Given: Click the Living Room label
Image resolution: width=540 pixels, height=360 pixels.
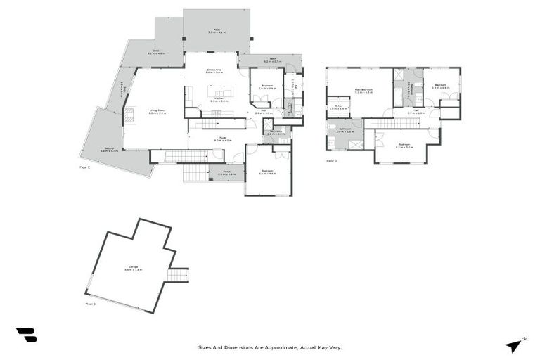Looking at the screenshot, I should (x=157, y=111).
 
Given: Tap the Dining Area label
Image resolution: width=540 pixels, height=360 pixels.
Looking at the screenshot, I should (x=214, y=71).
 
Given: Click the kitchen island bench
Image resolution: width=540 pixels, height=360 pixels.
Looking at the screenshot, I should (x=219, y=94).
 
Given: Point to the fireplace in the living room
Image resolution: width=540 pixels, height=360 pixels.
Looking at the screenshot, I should (x=129, y=115).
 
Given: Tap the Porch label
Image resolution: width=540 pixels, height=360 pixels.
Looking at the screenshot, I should (x=226, y=173).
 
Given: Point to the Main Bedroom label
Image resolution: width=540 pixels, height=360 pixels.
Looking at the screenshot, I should (x=363, y=91).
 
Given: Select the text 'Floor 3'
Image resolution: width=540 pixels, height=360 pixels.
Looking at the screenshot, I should (x=332, y=161).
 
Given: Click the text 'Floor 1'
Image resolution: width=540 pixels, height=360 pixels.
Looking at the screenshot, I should (x=90, y=304).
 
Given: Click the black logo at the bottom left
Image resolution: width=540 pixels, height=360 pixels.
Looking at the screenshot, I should (x=26, y=335).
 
